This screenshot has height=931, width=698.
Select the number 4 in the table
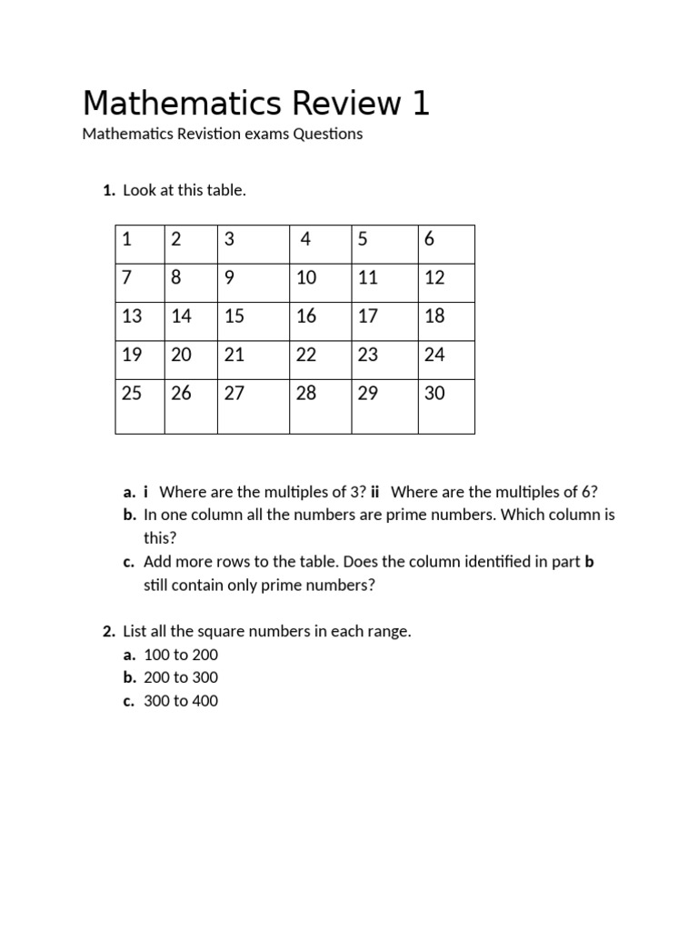(305, 239)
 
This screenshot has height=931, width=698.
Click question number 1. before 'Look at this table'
(108, 190)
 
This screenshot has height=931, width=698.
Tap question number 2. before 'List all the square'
(108, 631)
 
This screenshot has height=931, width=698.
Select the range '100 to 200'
(181, 655)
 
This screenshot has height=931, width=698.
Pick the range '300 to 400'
(181, 701)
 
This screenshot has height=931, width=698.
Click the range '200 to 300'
(181, 677)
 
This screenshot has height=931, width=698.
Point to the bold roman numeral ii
(374, 492)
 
